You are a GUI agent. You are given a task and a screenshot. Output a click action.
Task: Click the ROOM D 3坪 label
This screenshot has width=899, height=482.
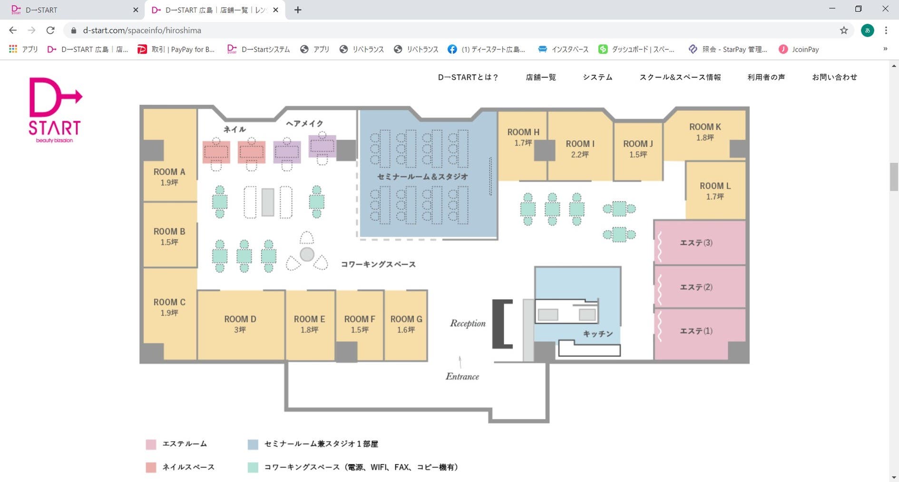(x=240, y=324)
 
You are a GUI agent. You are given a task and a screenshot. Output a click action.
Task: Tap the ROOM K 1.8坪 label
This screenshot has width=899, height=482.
(x=705, y=132)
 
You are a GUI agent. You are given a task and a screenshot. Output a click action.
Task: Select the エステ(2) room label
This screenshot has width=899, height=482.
(x=696, y=287)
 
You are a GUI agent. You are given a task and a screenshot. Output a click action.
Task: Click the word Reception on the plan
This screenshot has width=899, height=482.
(x=468, y=323)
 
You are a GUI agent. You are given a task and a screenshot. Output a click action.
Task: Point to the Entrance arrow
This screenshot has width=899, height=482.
(x=460, y=362)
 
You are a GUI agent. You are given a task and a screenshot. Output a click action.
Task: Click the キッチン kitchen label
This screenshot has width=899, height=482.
(x=598, y=334)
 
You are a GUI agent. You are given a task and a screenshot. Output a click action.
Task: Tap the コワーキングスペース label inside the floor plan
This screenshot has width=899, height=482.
(x=378, y=264)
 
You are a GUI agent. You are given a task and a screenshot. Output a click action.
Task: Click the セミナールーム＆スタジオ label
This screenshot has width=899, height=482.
(x=422, y=176)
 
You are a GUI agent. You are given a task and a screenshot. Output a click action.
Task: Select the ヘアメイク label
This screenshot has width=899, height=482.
(x=304, y=124)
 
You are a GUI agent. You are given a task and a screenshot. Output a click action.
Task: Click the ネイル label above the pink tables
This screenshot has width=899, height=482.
(x=235, y=129)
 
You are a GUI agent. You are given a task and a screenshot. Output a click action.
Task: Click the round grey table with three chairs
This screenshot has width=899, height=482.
(x=307, y=254)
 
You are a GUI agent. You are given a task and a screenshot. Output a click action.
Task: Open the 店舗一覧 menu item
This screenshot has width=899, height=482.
(x=540, y=77)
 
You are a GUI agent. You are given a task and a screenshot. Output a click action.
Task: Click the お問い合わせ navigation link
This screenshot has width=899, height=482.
(x=834, y=77)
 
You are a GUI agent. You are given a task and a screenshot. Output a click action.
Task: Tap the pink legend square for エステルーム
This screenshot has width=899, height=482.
(x=151, y=444)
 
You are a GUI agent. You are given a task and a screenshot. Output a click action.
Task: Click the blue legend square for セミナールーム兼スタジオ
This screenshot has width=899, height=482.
(x=253, y=444)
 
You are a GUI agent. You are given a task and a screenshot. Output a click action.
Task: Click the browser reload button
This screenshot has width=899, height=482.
(x=50, y=30)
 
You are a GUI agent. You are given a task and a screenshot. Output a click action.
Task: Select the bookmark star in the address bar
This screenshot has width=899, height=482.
(x=843, y=30)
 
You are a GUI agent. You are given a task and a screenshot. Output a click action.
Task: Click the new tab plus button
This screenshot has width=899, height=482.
(x=298, y=10)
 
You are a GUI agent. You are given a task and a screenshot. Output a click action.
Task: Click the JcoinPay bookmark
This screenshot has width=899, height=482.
(x=799, y=49)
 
